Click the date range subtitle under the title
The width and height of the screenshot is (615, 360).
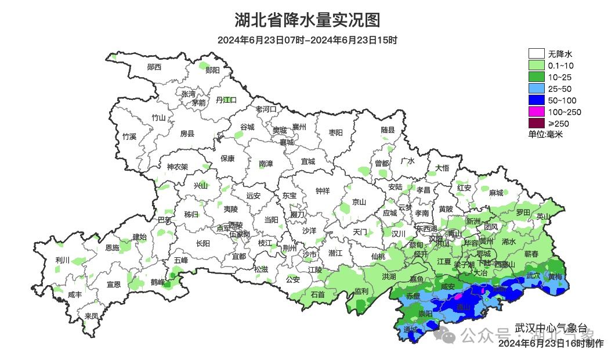pyautogui.click(x=307, y=41)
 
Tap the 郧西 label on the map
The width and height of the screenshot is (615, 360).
pyautogui.click(x=154, y=67)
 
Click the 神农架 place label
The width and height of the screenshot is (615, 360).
pyautogui.click(x=178, y=167)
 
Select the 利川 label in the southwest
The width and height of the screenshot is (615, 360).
pyautogui.click(x=62, y=260)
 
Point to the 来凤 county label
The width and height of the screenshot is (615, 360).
pyautogui.click(x=92, y=316)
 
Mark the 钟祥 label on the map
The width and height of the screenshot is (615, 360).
pyautogui.click(x=322, y=190)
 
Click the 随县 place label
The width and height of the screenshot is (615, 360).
pyautogui.click(x=388, y=129)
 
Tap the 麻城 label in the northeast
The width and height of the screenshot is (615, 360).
pyautogui.click(x=495, y=193)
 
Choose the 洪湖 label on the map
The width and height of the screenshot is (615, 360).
pyautogui.click(x=389, y=276)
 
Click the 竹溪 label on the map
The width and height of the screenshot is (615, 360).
pyautogui.click(x=129, y=136)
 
